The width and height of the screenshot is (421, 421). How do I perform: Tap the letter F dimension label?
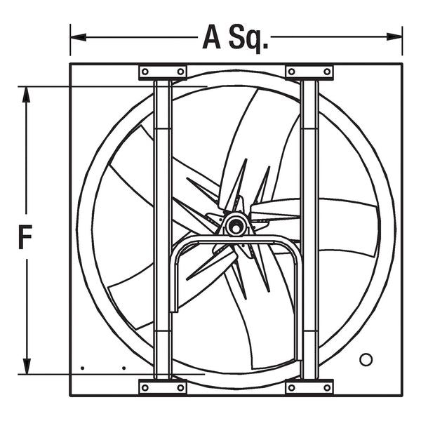[x=26, y=239]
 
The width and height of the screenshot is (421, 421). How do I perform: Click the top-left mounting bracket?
[x=163, y=72]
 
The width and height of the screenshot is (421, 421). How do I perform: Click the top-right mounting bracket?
[x=309, y=72]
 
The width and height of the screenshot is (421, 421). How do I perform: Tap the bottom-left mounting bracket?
[x=163, y=387]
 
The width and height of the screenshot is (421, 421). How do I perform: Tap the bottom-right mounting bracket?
[x=309, y=387]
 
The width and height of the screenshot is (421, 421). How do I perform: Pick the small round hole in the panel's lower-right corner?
[x=366, y=359]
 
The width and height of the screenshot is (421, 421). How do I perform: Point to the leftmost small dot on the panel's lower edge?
[x=82, y=368]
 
